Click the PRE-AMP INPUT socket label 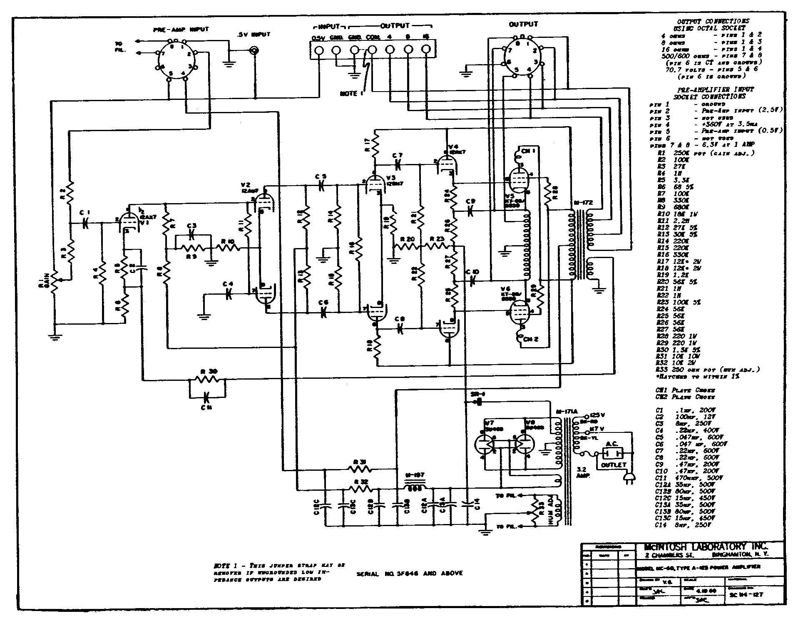pyautogui.click(x=181, y=30)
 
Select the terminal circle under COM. pyautogui.click(x=372, y=50)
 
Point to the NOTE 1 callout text pyautogui.click(x=349, y=94)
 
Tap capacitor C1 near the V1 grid pyautogui.click(x=86, y=224)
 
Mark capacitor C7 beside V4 pyautogui.click(x=398, y=164)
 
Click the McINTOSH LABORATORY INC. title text pyautogui.click(x=704, y=547)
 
